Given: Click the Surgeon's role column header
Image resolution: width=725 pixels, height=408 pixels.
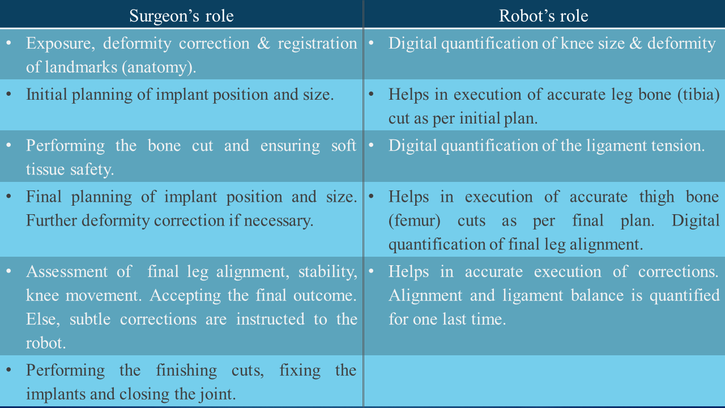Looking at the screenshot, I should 181,16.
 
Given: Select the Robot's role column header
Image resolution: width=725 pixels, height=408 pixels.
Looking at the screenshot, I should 543,16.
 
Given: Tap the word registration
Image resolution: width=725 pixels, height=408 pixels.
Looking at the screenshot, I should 317,44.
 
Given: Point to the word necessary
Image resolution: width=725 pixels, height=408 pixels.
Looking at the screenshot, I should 281,220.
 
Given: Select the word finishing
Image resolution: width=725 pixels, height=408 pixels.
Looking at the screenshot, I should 185,370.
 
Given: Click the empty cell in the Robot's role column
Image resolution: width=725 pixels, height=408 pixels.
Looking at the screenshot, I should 544,381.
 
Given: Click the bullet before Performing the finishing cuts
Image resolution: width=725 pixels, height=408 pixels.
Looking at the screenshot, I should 8,370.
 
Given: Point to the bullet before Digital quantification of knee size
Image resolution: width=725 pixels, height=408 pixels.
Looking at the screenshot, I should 371,43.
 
